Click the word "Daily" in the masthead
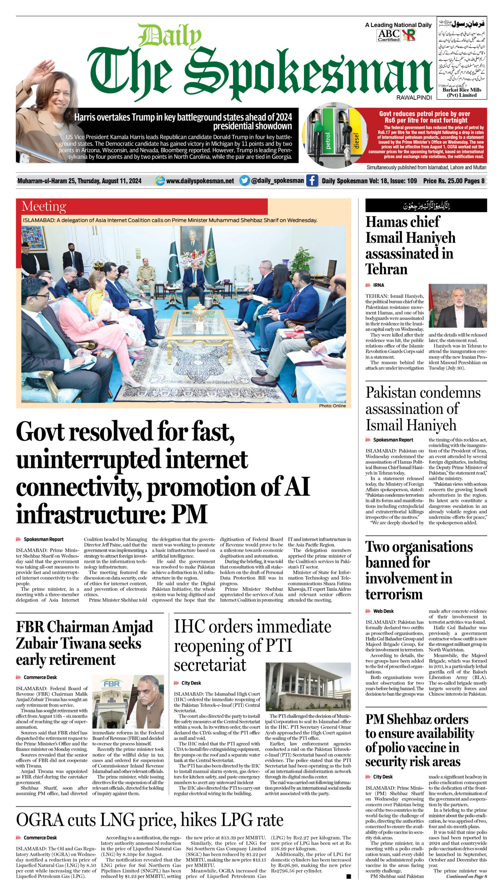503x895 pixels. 169,36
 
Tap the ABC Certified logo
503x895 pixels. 389,35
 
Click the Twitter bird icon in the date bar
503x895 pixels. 245,180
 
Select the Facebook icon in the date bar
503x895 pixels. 312,180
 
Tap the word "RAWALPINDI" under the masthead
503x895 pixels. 414,98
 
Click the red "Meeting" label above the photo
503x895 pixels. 44,206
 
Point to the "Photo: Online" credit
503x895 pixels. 332,406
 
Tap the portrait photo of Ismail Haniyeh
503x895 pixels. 458,306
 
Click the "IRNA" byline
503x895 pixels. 379,285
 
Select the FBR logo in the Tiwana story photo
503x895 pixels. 111,683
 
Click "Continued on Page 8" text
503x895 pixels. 466,876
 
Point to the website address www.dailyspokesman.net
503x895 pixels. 200,181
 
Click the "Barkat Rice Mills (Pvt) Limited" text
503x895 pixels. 461,92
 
